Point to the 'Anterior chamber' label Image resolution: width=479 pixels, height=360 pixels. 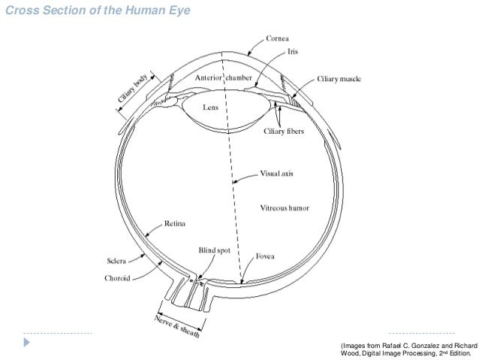coord(224,77)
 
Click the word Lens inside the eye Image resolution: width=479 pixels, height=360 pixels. coord(210,108)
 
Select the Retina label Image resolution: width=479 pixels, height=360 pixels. coord(177,222)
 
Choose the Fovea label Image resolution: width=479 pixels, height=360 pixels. coord(264,257)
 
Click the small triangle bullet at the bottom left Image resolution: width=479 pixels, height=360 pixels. coord(8,343)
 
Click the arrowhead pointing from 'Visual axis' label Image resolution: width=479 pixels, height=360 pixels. coord(234,181)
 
